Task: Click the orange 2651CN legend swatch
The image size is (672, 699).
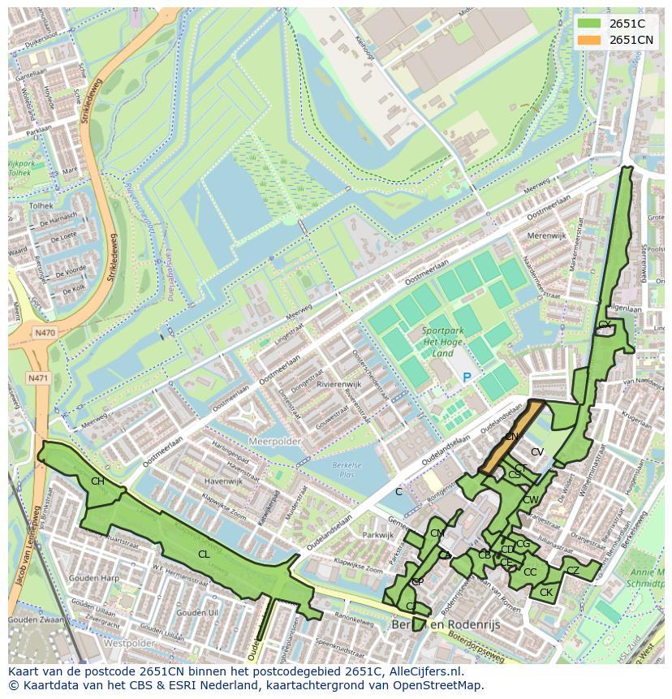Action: (x=590, y=40)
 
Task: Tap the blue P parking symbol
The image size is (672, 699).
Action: (x=467, y=378)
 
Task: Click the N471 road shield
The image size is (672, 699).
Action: (x=37, y=378)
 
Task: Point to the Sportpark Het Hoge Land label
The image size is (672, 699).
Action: (x=443, y=342)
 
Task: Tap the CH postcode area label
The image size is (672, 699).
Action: (x=97, y=481)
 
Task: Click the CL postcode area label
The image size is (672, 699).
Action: (x=204, y=554)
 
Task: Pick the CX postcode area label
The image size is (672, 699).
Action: (x=604, y=325)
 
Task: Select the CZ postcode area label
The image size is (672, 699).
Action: (x=573, y=571)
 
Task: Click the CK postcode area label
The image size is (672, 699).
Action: (x=546, y=593)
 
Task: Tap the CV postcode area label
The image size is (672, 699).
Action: (x=537, y=452)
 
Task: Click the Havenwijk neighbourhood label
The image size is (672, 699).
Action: (x=225, y=481)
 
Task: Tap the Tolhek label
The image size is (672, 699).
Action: (x=41, y=206)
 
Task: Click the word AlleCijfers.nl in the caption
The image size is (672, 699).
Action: (x=424, y=671)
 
